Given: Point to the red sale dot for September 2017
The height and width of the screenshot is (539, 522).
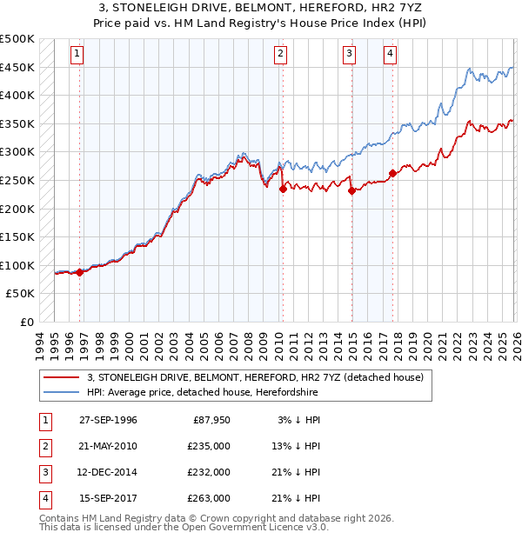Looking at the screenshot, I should point(392,173).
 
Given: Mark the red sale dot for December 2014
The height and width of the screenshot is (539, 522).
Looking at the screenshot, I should point(351,191).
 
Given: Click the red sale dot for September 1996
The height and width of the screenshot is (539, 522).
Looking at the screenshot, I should point(80,272).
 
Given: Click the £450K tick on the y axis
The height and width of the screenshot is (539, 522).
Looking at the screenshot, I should point(17,67).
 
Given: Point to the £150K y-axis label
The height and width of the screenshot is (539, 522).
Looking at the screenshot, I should point(17,237).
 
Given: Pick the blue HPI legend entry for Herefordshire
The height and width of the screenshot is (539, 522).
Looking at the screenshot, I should point(223,393).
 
